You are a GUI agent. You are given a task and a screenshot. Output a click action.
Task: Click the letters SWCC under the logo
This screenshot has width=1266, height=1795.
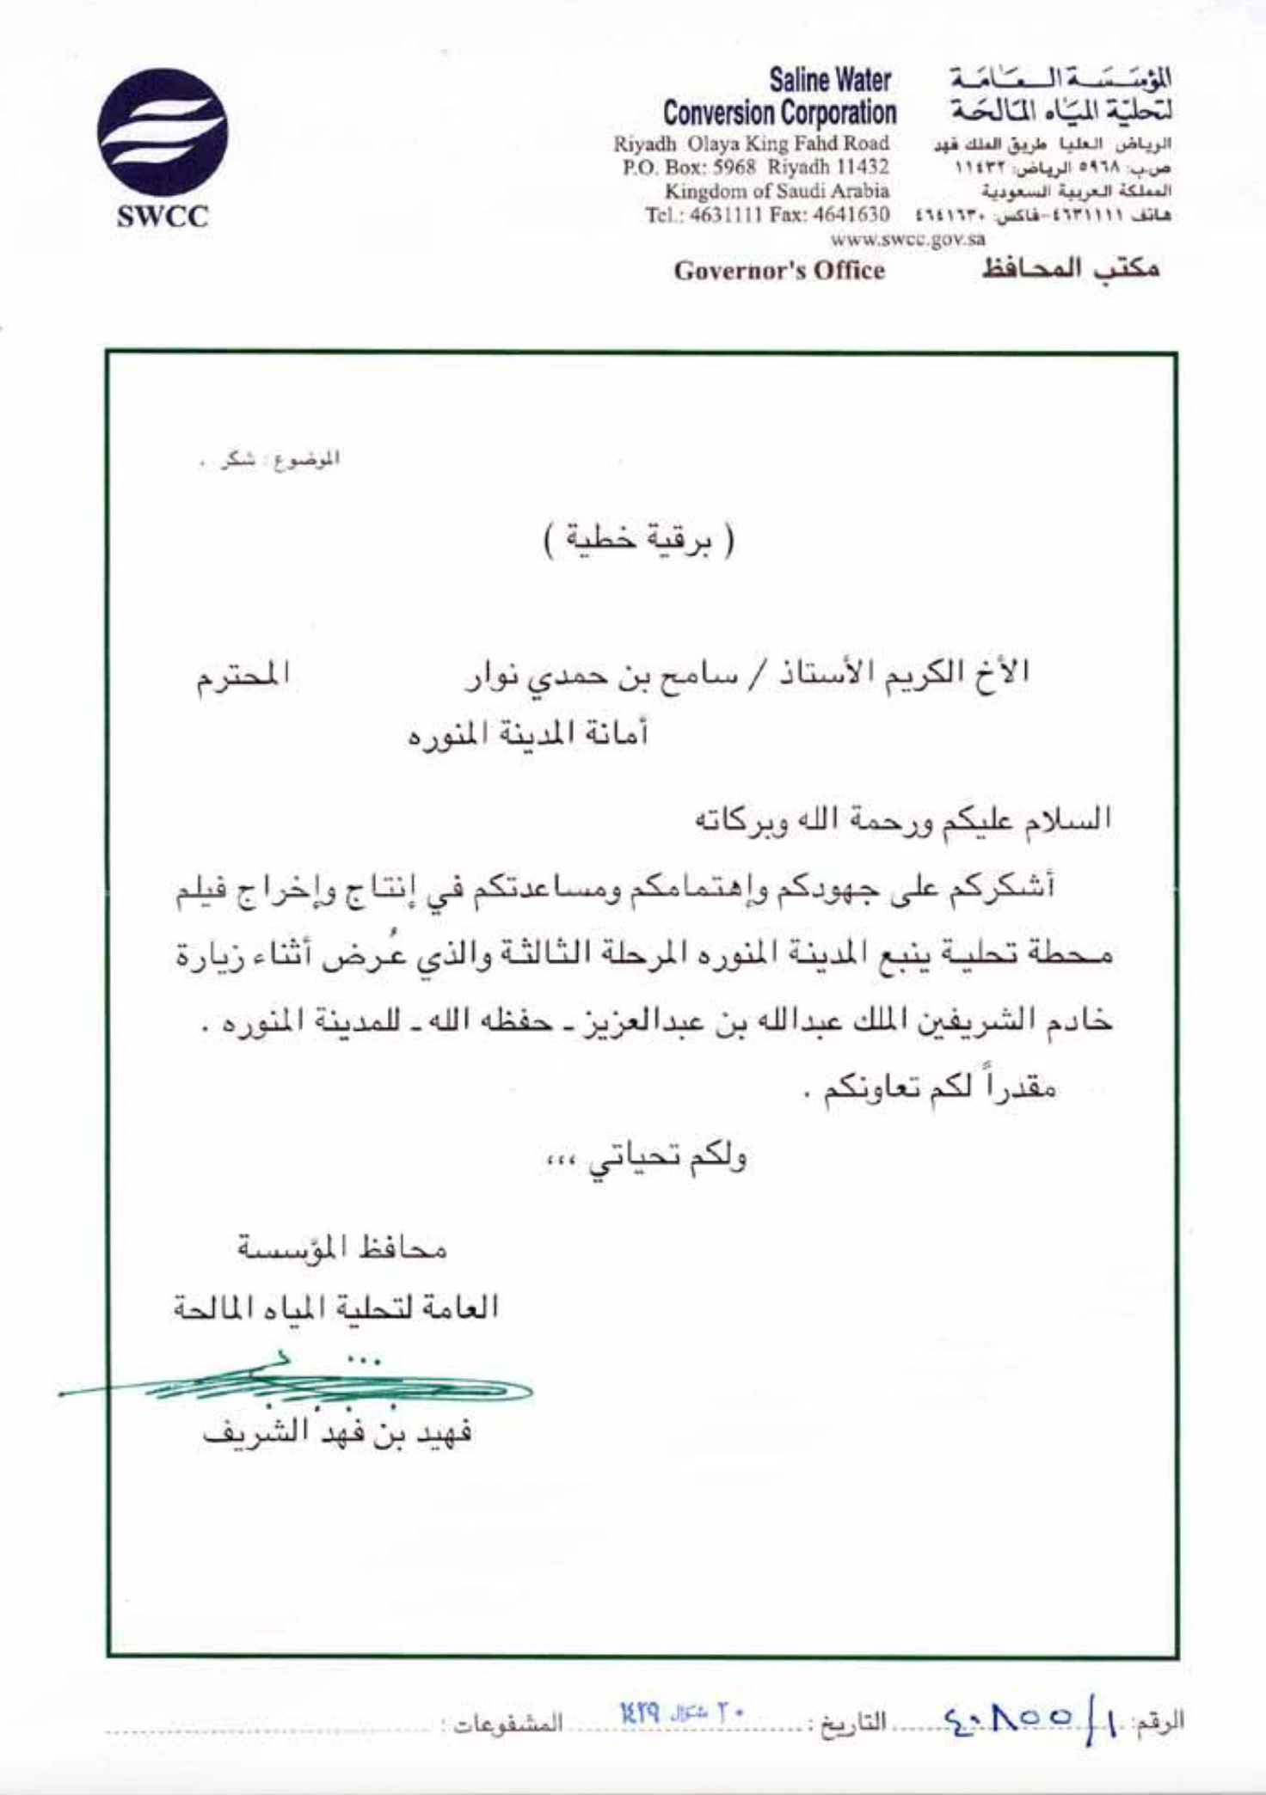coord(163,218)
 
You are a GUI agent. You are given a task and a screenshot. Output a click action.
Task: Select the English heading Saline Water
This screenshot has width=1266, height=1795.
coord(830,82)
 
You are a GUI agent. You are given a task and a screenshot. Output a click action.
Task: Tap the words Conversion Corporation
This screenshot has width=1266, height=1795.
coord(779,113)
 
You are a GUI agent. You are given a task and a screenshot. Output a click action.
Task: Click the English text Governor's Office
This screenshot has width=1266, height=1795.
coord(779,271)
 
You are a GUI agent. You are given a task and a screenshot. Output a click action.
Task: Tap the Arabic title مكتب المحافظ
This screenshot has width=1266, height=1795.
coord(1071,269)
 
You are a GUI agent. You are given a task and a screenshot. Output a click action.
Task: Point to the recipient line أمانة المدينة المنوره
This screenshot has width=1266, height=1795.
coord(527,736)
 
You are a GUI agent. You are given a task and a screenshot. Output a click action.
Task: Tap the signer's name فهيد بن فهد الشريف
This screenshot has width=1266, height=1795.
coord(337,1434)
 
